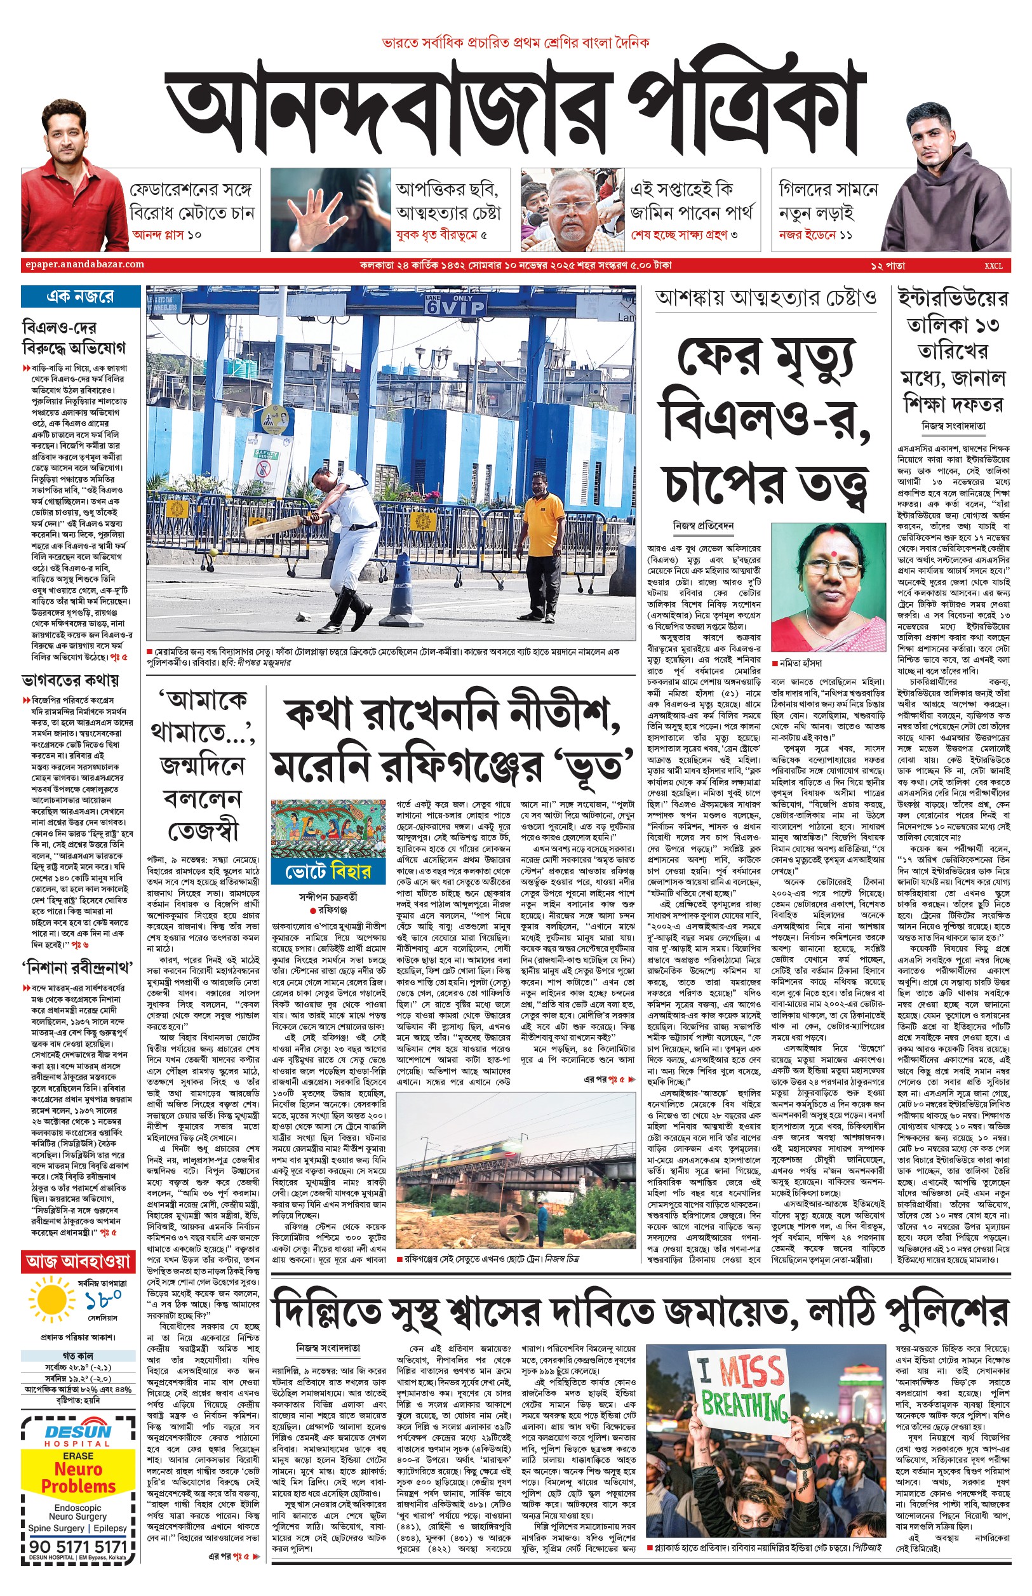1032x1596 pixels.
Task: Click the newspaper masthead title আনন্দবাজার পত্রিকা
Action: pyautogui.click(x=513, y=111)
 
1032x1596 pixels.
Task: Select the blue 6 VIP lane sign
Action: pyautogui.click(x=453, y=304)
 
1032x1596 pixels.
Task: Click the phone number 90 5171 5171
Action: pyautogui.click(x=78, y=1546)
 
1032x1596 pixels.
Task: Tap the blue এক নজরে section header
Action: pyautogui.click(x=81, y=295)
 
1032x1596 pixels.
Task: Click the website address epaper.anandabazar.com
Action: pyautogui.click(x=83, y=264)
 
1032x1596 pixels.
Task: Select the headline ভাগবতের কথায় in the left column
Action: pyautogui.click(x=70, y=680)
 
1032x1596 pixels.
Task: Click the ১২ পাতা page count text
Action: pyautogui.click(x=888, y=265)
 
